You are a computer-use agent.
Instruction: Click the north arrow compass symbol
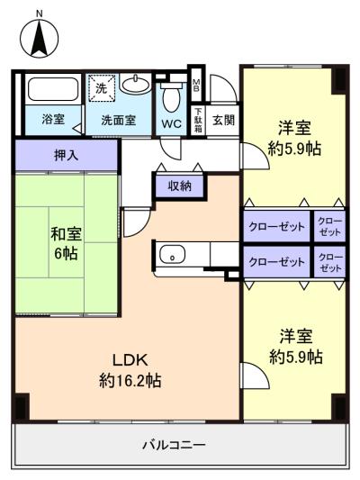40,37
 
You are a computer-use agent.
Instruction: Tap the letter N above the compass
39,14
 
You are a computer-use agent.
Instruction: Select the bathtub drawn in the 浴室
52,89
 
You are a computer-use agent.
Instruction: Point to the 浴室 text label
52,119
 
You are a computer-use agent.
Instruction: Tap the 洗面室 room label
118,119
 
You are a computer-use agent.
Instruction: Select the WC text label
172,122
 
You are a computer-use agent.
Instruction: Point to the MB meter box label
197,86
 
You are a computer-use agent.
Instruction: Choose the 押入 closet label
67,154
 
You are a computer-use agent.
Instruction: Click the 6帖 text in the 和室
65,253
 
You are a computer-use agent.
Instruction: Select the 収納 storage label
179,186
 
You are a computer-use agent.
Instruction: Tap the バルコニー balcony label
175,445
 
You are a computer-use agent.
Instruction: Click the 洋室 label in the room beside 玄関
296,128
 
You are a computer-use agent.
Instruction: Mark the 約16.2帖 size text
130,381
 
